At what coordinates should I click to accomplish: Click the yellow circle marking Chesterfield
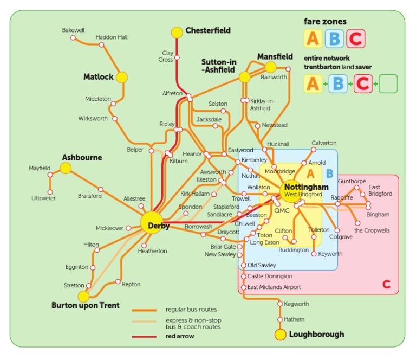click(x=177, y=33)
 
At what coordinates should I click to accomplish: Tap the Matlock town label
click(x=98, y=77)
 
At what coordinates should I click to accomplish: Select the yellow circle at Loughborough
click(x=280, y=335)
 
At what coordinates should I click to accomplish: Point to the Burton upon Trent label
click(x=86, y=305)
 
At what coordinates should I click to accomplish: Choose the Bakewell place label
click(x=73, y=30)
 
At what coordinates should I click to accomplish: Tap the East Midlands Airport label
click(x=274, y=287)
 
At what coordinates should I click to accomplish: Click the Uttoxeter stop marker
click(x=50, y=192)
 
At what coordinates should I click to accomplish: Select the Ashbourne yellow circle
click(x=66, y=168)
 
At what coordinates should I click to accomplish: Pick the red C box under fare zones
click(x=355, y=38)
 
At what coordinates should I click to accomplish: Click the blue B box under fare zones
click(x=334, y=38)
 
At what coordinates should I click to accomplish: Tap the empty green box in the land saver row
click(x=388, y=84)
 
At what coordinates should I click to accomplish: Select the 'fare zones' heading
click(x=325, y=22)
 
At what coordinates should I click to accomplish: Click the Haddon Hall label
click(x=112, y=37)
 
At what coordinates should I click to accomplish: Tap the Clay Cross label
click(x=167, y=56)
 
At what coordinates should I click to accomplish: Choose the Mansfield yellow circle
click(x=270, y=67)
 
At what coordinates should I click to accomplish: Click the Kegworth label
click(x=297, y=304)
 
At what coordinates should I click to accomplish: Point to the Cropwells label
click(x=372, y=230)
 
